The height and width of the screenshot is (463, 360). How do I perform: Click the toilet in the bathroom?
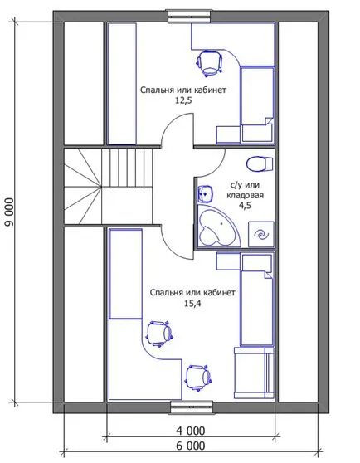coord(260,164)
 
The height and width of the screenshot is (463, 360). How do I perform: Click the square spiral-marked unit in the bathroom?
coord(260,235)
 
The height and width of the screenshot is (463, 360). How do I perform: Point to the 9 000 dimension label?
coord(10,212)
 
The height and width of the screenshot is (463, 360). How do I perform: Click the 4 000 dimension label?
coord(190,431)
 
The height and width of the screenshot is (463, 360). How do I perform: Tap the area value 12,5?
coord(183,100)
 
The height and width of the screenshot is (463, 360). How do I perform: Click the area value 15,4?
coord(192,304)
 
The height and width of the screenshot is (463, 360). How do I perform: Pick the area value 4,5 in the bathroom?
coord(245,206)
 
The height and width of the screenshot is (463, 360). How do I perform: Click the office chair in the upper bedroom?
coord(209,62)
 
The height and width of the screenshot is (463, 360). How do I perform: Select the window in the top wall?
coord(190,16)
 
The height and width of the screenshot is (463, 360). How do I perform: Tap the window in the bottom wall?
coord(192,407)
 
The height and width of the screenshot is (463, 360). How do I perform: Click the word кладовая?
coord(245,195)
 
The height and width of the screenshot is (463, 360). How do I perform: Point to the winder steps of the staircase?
coord(83,187)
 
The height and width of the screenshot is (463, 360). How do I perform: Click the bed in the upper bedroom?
coord(257,104)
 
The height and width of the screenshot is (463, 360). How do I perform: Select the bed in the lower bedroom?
coord(257,299)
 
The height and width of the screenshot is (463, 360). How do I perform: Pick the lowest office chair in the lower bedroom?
coord(198,378)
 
